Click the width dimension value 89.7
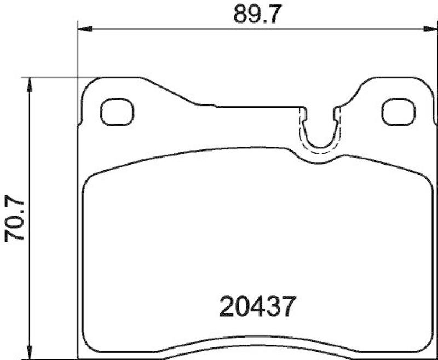(253, 14)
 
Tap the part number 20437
(258, 306)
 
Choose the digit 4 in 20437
(258, 306)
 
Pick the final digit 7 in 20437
(289, 306)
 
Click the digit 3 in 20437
(273, 306)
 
